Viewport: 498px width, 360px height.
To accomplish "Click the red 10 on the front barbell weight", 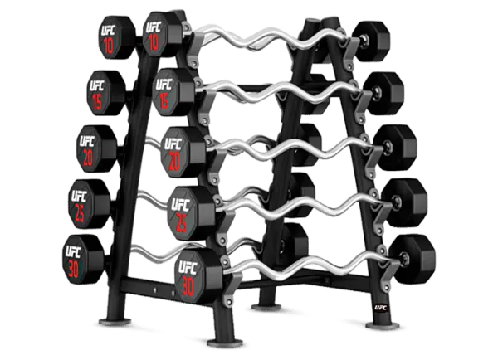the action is click(x=154, y=42).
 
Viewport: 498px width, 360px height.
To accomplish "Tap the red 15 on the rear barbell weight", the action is click(x=97, y=101).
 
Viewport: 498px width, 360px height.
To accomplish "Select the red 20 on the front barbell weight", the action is click(x=174, y=162).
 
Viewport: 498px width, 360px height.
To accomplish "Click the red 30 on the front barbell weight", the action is click(x=188, y=285).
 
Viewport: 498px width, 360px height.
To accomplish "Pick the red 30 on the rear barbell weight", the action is click(x=73, y=270).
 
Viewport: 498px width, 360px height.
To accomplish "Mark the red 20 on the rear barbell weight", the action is click(x=88, y=158).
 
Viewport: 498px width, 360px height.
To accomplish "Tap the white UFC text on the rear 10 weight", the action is click(x=108, y=31).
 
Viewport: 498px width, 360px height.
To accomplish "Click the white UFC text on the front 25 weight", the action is click(x=180, y=205).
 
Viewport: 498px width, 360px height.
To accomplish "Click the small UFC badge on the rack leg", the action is click(x=380, y=307).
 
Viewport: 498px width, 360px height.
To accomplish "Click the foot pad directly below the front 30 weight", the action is click(x=225, y=343).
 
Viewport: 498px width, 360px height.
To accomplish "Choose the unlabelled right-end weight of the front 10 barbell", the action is click(x=371, y=41).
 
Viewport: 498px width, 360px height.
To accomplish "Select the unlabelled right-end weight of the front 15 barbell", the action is click(x=383, y=94).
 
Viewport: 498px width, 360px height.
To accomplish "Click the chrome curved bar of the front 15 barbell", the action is click(x=280, y=91).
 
